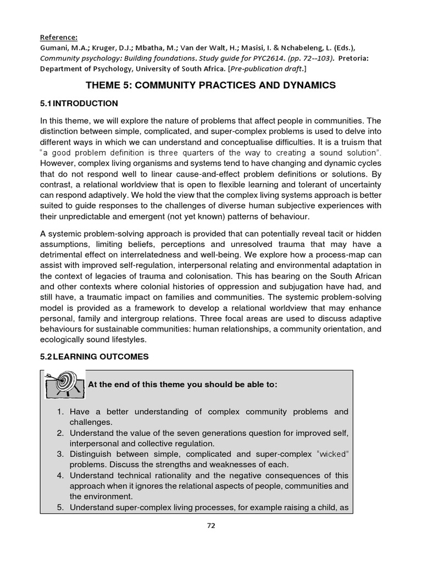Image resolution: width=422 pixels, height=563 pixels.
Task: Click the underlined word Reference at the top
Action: (59, 37)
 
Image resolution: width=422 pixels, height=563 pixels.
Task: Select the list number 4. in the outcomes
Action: (60, 475)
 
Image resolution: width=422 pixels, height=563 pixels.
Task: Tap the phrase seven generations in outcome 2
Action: (213, 433)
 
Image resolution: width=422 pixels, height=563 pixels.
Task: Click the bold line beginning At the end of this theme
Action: (182, 384)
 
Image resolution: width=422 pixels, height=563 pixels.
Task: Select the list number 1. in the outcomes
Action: (60, 412)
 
